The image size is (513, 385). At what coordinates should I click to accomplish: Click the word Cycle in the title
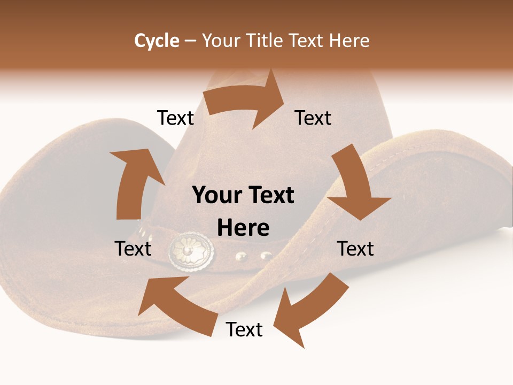[x=157, y=41]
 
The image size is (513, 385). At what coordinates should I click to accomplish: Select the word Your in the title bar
[x=221, y=41]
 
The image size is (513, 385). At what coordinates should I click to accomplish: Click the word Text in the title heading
[x=307, y=41]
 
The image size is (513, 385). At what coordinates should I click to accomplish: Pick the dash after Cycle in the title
[x=190, y=41]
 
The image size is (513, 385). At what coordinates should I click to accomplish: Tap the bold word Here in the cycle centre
[x=243, y=228]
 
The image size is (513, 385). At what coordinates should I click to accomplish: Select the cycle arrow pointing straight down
[x=355, y=184]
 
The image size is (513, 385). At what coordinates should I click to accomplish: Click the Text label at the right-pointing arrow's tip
[x=313, y=118]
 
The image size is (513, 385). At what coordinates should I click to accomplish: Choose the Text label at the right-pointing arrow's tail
[x=175, y=118]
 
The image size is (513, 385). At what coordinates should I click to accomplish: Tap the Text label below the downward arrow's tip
[x=355, y=249]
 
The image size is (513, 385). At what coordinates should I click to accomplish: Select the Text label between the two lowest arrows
[x=244, y=329]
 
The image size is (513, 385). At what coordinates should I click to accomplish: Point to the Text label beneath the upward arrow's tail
[x=133, y=249]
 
